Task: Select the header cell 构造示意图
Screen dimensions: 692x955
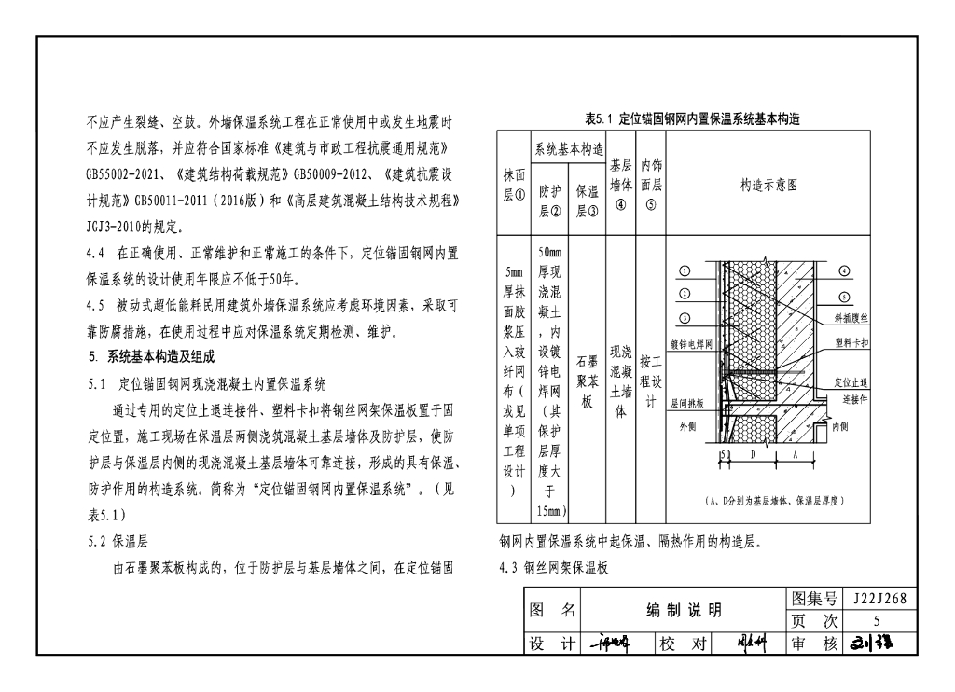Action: [x=768, y=186]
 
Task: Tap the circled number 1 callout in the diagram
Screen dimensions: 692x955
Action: [x=684, y=271]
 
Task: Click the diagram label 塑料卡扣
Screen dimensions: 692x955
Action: [x=851, y=342]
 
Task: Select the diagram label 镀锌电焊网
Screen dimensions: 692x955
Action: [x=691, y=344]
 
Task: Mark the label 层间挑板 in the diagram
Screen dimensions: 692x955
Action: [x=687, y=404]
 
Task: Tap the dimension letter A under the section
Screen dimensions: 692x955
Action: [x=795, y=454]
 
